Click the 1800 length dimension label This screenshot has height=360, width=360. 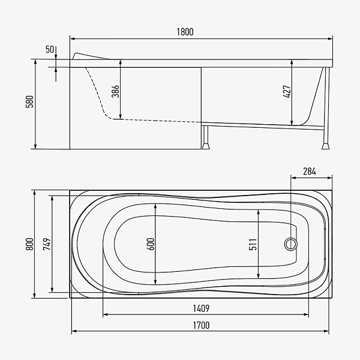click(185, 32)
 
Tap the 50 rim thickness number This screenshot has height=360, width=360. click(50, 49)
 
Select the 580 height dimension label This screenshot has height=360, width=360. click(29, 102)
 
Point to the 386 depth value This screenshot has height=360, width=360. click(115, 91)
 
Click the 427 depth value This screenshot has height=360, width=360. click(287, 92)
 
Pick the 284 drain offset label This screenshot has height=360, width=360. click(310, 172)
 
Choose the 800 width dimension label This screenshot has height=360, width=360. click(29, 244)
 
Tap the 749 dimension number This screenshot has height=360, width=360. click(47, 244)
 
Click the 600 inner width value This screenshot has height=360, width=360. click(151, 244)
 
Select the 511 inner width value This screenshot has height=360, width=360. click(253, 244)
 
